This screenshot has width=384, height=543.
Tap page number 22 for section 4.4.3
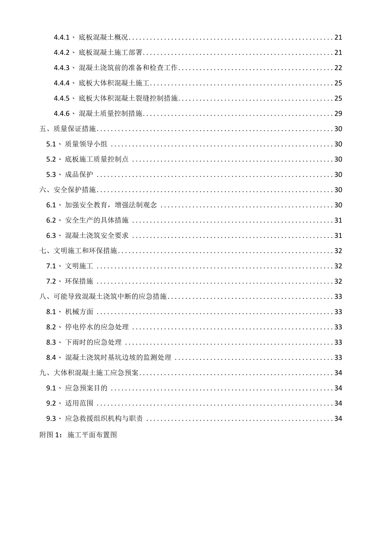pyautogui.click(x=338, y=68)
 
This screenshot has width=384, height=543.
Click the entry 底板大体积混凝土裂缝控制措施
pyautogui.click(x=129, y=98)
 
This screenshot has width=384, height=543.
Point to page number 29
pyautogui.click(x=338, y=114)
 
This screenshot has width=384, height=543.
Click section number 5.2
pyautogui.click(x=51, y=159)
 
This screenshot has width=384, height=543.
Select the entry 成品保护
pyautogui.click(x=79, y=174)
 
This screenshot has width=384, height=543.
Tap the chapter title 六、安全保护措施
pyautogui.click(x=68, y=190)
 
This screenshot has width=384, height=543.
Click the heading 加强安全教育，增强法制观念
pyautogui.click(x=111, y=205)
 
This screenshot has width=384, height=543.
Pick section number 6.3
pyautogui.click(x=51, y=235)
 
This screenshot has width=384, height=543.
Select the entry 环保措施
pyautogui.click(x=79, y=281)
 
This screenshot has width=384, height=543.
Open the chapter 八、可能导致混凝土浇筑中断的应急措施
pyautogui.click(x=103, y=297)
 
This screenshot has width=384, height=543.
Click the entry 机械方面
pyautogui.click(x=79, y=312)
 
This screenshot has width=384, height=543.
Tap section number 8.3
pyautogui.click(x=51, y=342)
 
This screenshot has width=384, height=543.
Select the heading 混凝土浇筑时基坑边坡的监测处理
pyautogui.click(x=118, y=358)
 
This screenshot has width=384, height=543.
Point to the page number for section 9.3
pyautogui.click(x=338, y=419)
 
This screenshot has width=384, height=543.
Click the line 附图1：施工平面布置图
pyautogui.click(x=78, y=434)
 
